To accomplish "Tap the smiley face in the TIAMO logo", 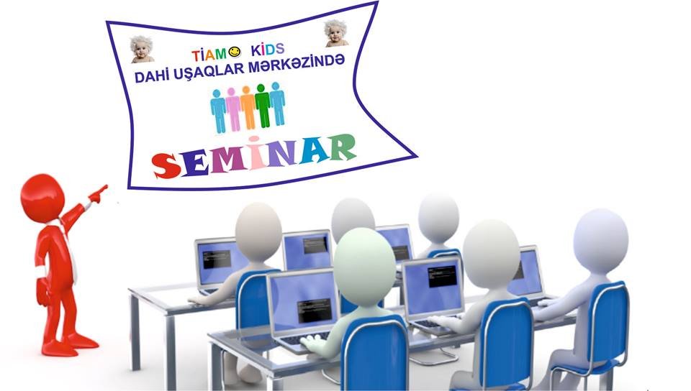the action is click(235, 52).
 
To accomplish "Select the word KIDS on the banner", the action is click(268, 50).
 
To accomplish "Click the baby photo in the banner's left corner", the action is click(142, 50).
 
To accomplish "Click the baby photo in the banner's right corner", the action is click(336, 33).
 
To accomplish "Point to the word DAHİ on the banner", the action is click(148, 76).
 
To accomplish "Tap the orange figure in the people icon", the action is click(248, 108).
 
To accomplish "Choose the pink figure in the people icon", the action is click(232, 110).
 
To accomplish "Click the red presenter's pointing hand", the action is click(99, 193).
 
